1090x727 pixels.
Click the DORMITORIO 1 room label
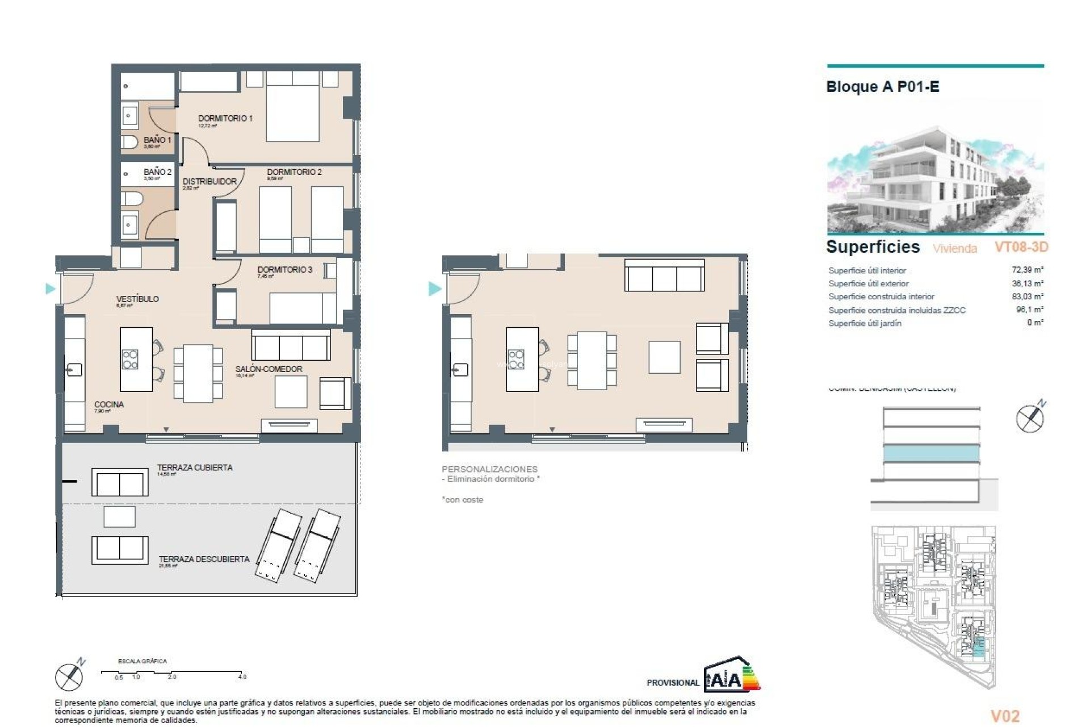pyautogui.click(x=225, y=118)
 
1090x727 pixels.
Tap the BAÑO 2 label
pyautogui.click(x=157, y=172)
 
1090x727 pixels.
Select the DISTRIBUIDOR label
pyautogui.click(x=209, y=181)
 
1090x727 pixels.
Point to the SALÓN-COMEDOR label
pyautogui.click(x=269, y=369)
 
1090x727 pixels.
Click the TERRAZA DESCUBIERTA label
pyautogui.click(x=204, y=559)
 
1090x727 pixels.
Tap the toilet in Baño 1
pyautogui.click(x=129, y=142)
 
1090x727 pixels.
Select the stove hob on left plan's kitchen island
pyautogui.click(x=130, y=359)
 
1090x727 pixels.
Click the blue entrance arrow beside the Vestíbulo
pyautogui.click(x=50, y=289)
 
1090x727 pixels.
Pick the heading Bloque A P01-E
pyautogui.click(x=882, y=87)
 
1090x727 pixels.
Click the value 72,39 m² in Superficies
pyautogui.click(x=1027, y=270)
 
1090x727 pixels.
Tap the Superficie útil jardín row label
pyautogui.click(x=865, y=323)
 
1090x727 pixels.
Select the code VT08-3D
pyautogui.click(x=1021, y=247)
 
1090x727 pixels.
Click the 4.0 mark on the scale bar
pyautogui.click(x=242, y=676)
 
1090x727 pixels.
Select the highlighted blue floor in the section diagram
pyautogui.click(x=931, y=453)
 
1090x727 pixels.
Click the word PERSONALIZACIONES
pyautogui.click(x=489, y=469)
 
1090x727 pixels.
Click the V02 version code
pyautogui.click(x=1005, y=716)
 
